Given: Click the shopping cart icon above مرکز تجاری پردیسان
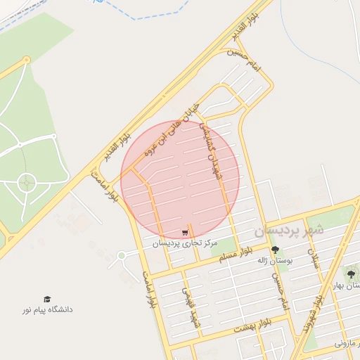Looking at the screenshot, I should click(185, 233).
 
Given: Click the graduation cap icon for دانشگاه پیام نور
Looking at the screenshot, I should click(47, 300).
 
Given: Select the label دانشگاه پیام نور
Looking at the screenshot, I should click(47, 309).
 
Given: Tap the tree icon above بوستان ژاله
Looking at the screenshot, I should click(274, 250).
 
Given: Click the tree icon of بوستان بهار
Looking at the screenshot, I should click(351, 273).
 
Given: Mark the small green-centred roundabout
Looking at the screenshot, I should click(122, 255).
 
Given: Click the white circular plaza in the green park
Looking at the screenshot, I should click(27, 183).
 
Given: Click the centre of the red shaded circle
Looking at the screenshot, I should click(180, 179).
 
